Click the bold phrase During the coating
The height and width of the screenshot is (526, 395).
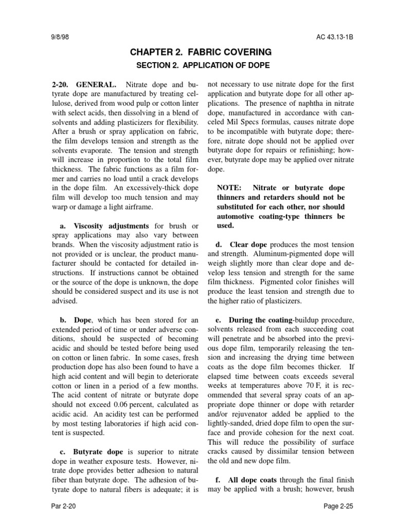coord(259,320)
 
